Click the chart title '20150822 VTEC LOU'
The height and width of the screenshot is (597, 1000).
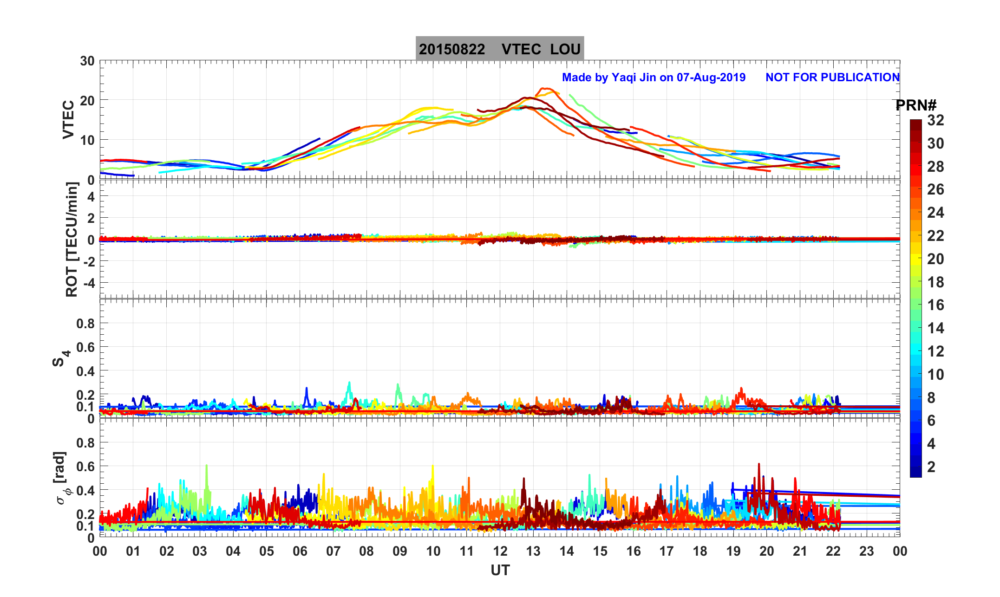tap(499, 49)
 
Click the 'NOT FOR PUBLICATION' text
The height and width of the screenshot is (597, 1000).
tap(832, 78)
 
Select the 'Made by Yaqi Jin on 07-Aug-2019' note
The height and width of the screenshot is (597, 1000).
tap(654, 78)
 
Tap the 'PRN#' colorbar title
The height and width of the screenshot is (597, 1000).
tap(915, 106)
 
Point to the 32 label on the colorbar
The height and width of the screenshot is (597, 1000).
tap(935, 121)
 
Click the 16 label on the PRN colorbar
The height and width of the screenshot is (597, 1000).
tap(935, 305)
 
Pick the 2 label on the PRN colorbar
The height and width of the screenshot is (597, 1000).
tap(931, 467)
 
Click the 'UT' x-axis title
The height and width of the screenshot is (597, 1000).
tap(500, 570)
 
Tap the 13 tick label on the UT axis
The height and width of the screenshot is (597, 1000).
tap(533, 552)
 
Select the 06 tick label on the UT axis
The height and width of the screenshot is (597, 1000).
tap(300, 552)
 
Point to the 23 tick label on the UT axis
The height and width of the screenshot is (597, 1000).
tap(867, 552)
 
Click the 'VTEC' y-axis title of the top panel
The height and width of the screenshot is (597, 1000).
tap(68, 120)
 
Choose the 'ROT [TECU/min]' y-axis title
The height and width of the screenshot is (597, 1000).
tap(72, 239)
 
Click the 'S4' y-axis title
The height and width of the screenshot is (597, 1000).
tap(60, 358)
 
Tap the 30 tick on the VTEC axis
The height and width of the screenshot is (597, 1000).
tap(87, 61)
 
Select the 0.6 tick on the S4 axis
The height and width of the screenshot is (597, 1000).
tap(85, 347)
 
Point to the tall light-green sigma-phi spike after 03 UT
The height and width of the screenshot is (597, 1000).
tap(206, 466)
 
